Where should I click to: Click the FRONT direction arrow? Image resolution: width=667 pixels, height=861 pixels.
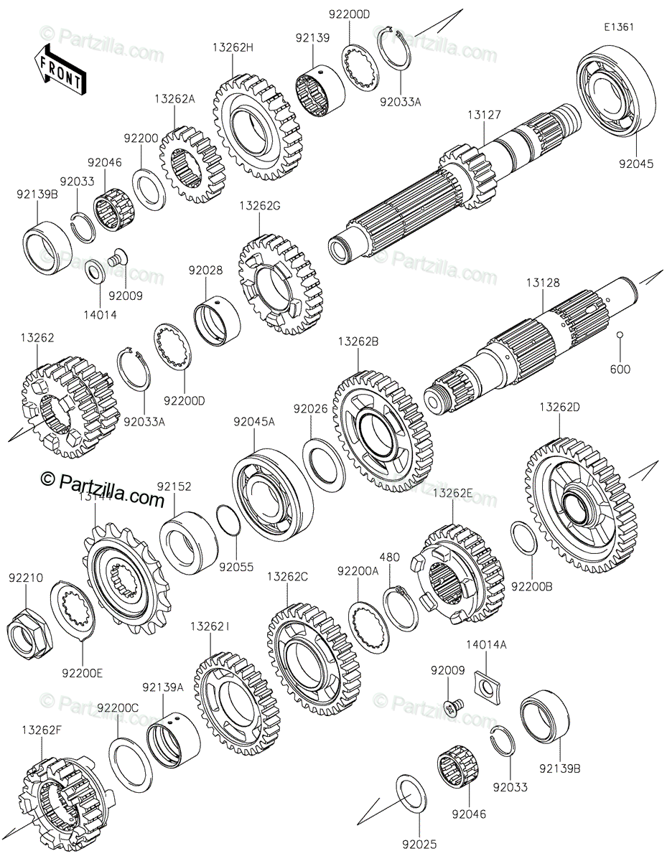click(60, 68)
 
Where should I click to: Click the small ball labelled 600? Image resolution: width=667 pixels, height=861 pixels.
click(620, 334)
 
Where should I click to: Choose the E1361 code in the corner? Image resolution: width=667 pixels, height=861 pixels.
click(619, 27)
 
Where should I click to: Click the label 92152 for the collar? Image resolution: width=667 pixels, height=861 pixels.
click(174, 486)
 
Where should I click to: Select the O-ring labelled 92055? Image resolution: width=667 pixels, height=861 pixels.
click(227, 520)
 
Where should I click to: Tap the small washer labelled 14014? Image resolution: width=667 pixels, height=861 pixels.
click(93, 273)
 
